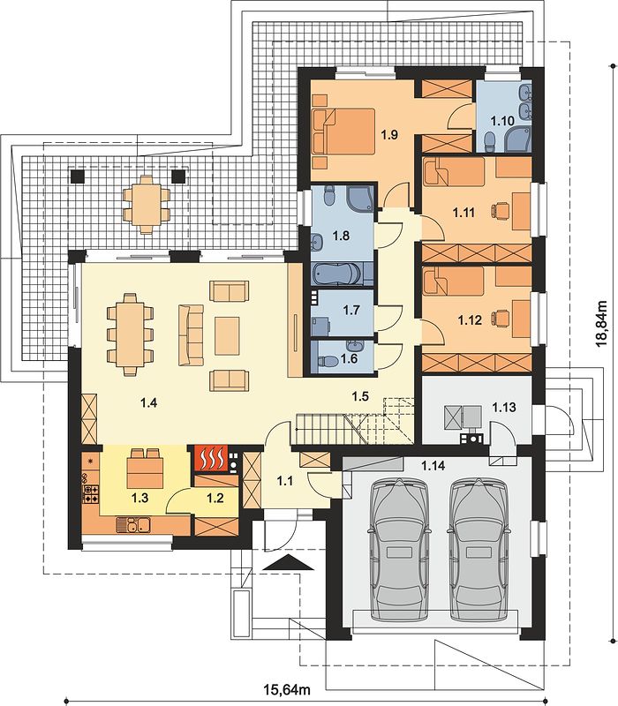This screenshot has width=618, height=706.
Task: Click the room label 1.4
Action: click(x=148, y=403)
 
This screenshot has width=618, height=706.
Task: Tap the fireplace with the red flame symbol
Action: click(x=211, y=458)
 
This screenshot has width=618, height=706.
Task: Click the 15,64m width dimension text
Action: click(x=287, y=689)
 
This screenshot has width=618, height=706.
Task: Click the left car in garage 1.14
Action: click(x=399, y=549)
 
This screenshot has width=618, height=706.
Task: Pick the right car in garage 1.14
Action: click(x=479, y=549)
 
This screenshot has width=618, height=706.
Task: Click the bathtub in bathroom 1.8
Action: click(x=336, y=274)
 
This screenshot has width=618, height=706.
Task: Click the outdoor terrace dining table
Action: click(x=147, y=205)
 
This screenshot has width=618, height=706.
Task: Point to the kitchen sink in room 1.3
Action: click(x=133, y=524)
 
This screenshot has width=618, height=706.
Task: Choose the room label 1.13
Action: click(x=503, y=408)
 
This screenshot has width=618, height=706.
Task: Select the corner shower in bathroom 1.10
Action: click(x=518, y=139)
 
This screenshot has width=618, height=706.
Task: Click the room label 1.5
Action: click(x=360, y=396)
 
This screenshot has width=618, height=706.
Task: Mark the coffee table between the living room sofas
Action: click(x=227, y=335)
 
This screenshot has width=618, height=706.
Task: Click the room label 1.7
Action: click(x=351, y=310)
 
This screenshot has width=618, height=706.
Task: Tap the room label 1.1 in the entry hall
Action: click(x=284, y=481)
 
